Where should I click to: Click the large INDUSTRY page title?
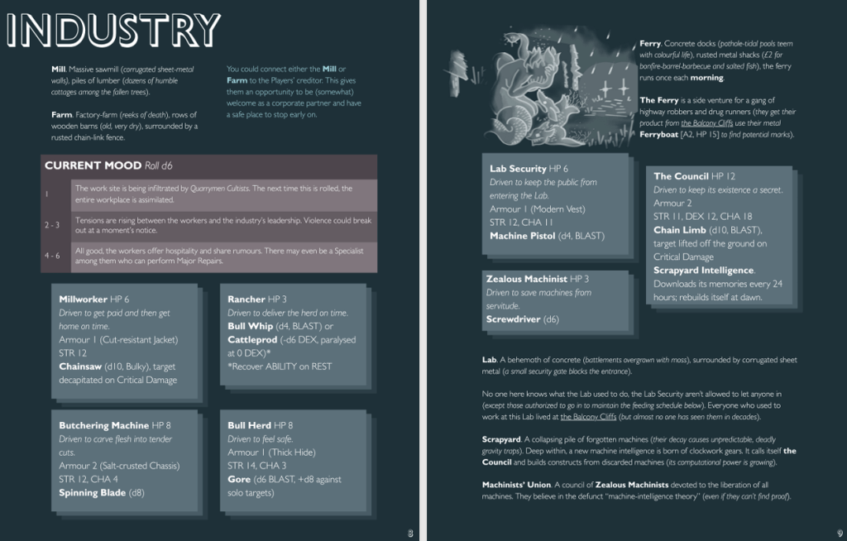pos(113,30)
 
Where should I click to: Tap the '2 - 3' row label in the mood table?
pos(51,225)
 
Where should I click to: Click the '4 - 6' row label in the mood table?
pos(51,255)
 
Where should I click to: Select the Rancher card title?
pos(246,299)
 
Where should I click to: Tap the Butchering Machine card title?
pos(103,425)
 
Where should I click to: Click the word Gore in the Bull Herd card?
pos(238,479)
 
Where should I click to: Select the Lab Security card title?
pos(518,169)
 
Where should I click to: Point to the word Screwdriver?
pos(514,318)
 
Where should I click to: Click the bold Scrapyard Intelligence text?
pos(703,270)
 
